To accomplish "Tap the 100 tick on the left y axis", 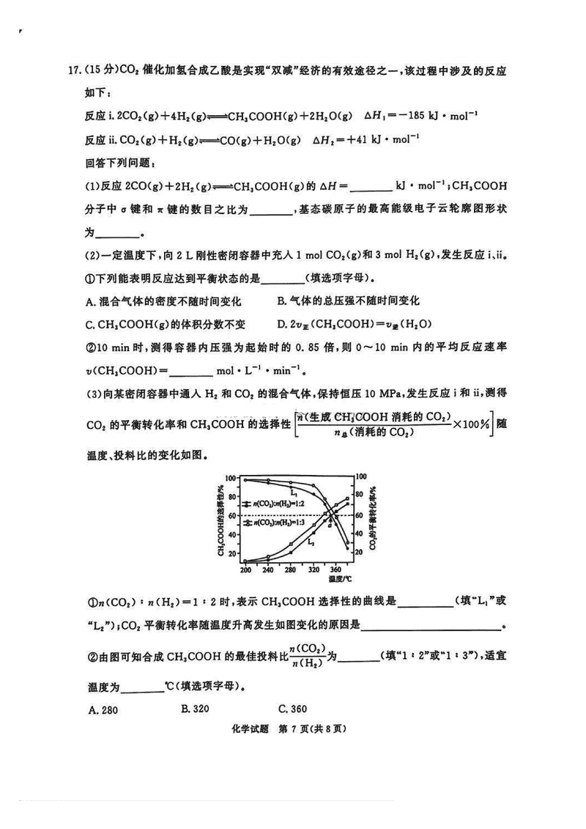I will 231,478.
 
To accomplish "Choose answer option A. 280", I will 102,710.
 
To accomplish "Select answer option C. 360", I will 292,709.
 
